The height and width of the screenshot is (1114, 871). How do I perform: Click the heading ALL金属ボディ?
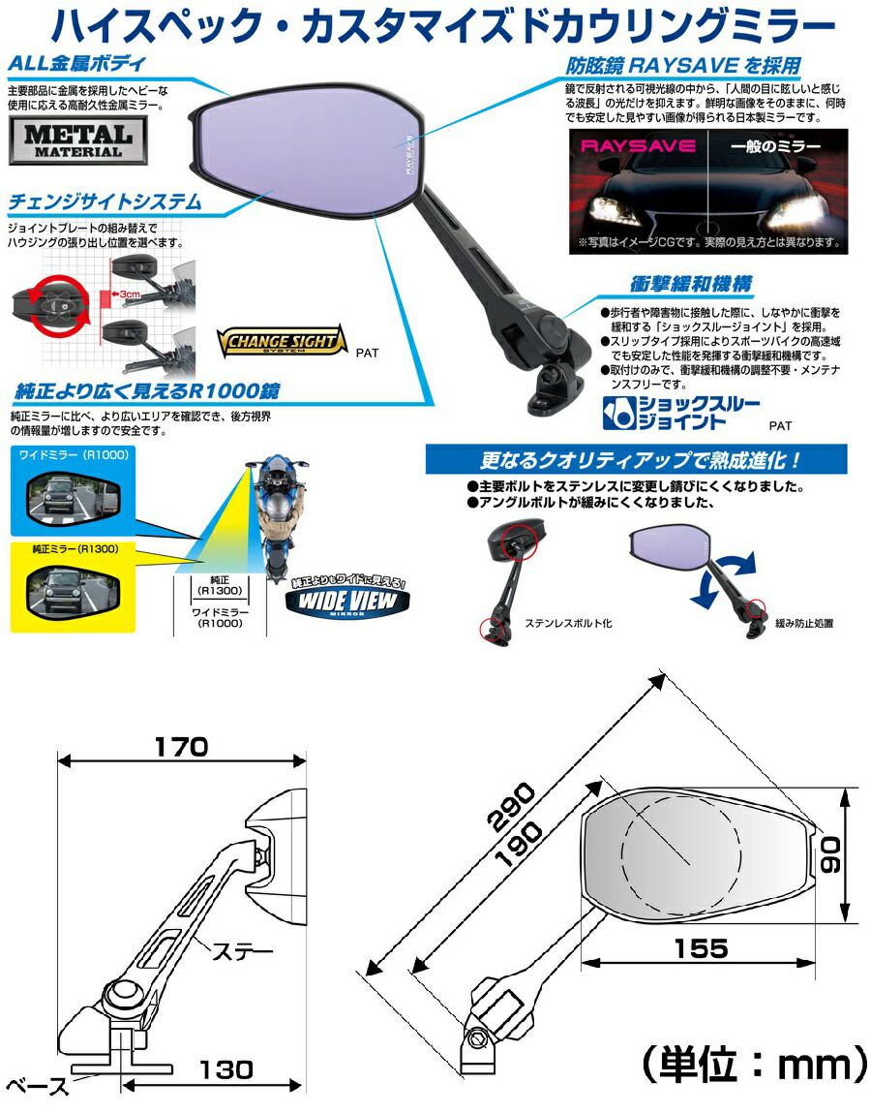pos(77,64)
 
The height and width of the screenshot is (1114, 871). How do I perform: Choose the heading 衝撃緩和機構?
pos(691,285)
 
